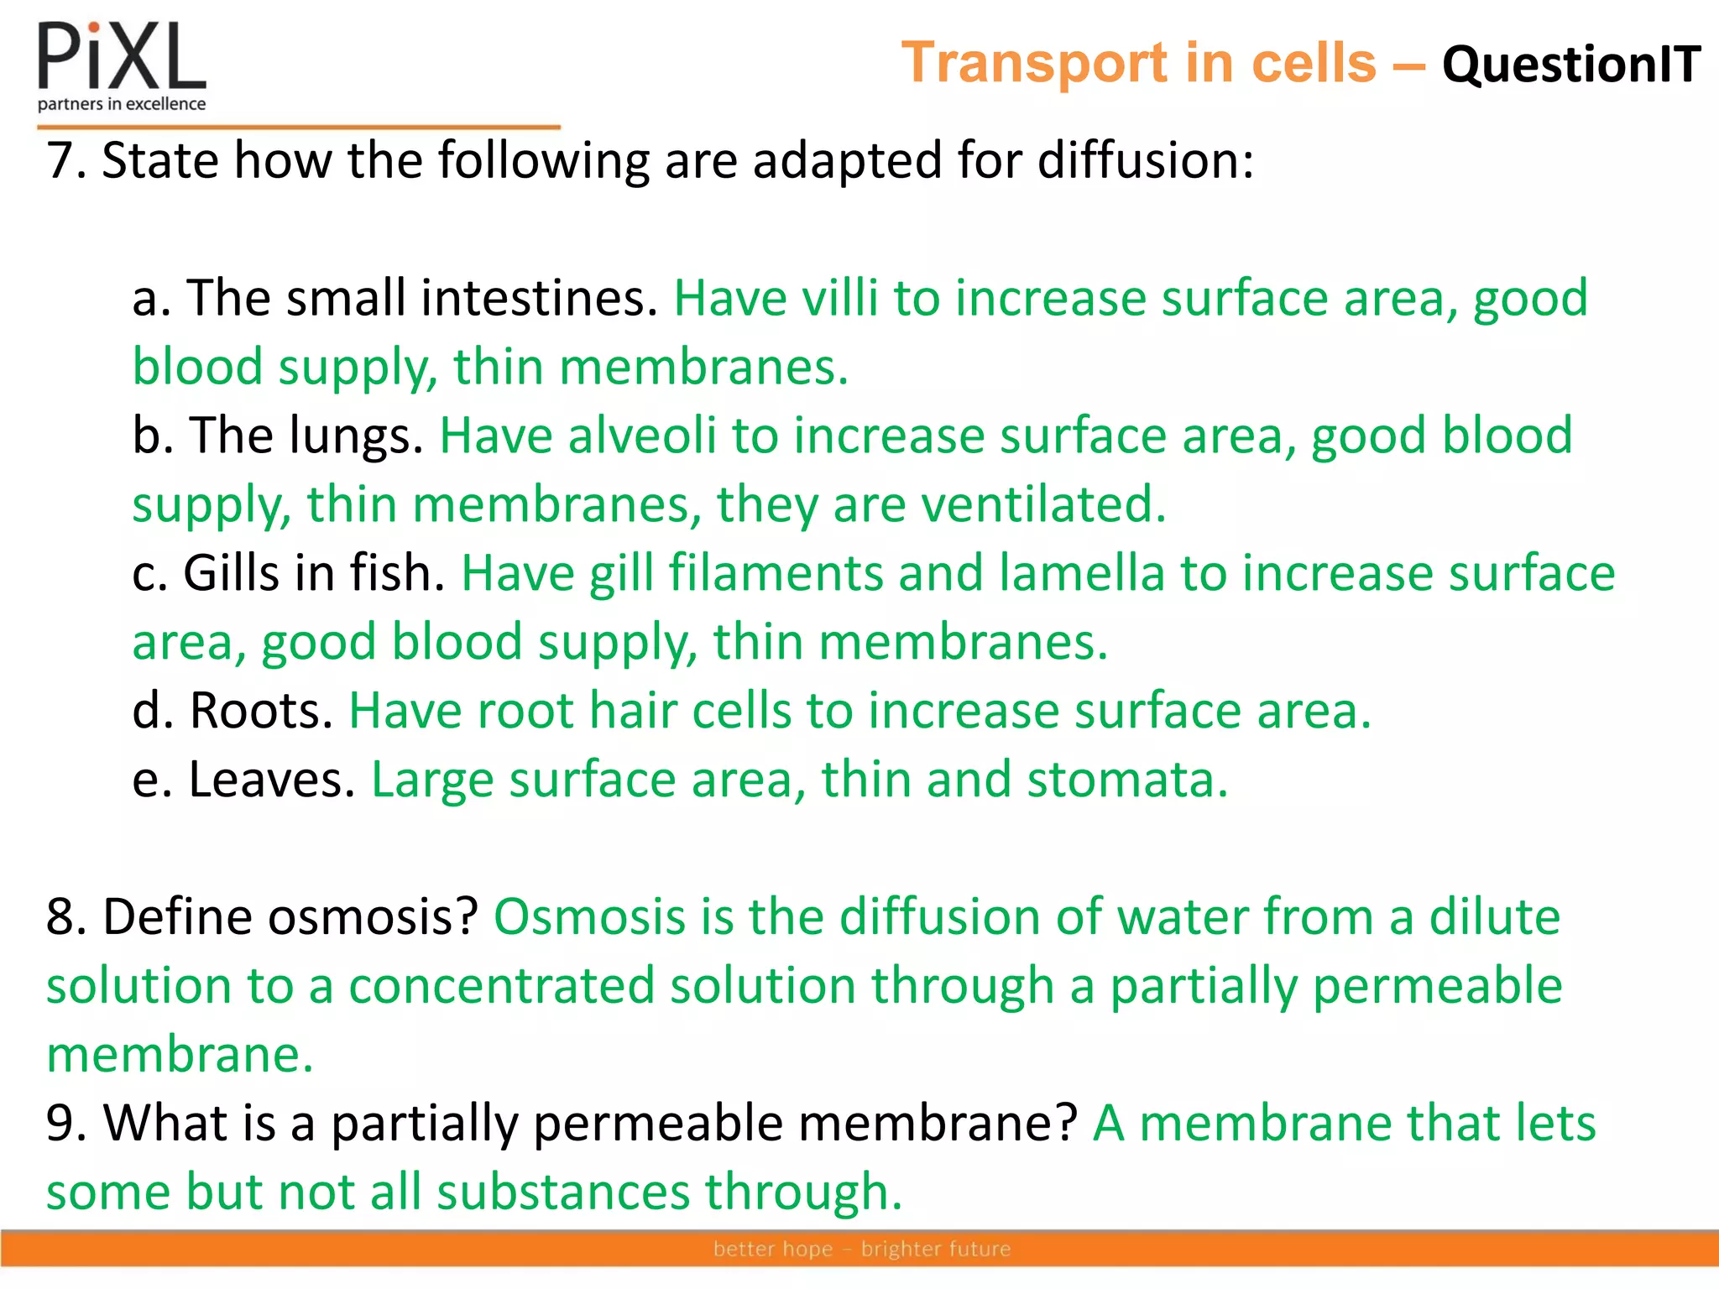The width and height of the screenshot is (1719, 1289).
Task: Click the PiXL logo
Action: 122,57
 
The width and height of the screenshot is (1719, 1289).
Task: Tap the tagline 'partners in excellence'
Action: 122,104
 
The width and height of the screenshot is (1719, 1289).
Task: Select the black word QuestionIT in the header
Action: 1570,65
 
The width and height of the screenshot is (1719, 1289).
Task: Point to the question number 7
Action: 65,160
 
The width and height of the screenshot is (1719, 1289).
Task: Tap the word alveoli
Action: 641,436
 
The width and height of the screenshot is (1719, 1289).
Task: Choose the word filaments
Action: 776,573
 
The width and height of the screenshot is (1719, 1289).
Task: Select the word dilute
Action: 1494,916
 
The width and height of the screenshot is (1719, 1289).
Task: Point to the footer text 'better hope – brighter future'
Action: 862,1249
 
